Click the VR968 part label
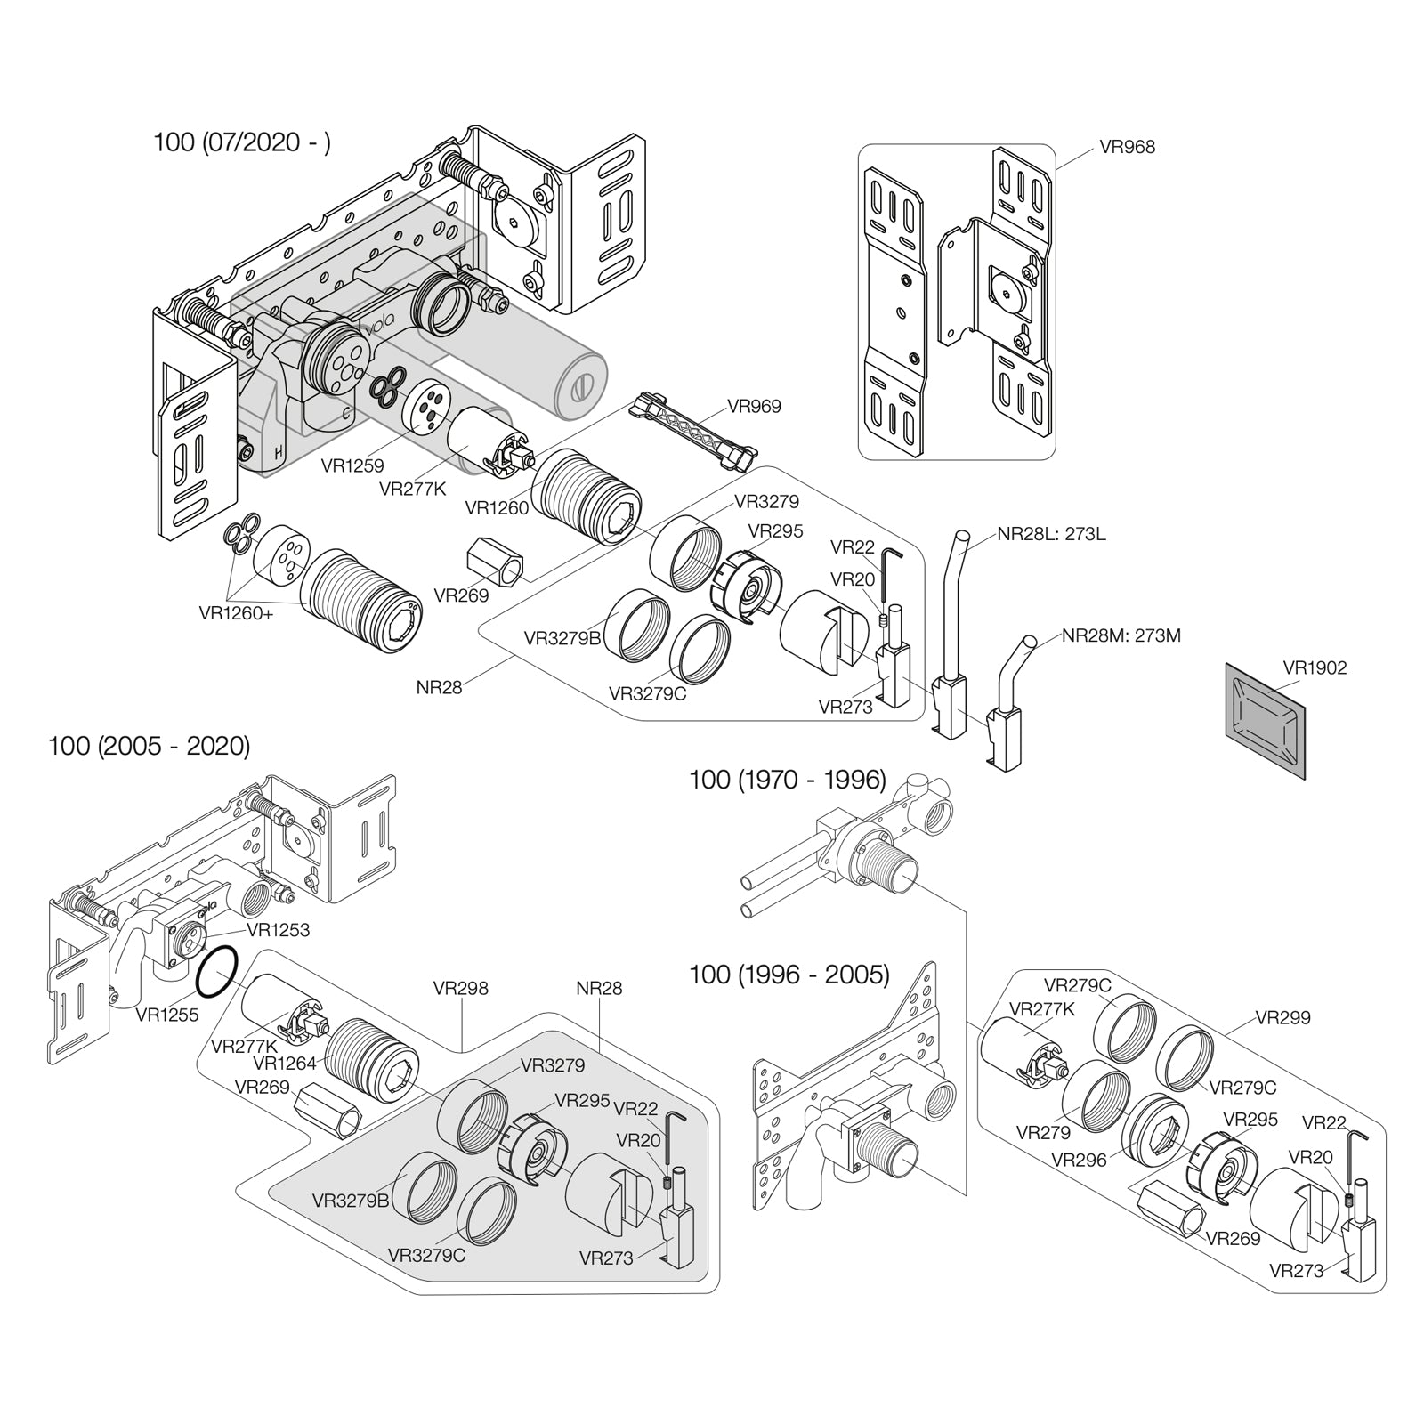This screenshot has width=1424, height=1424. (1127, 147)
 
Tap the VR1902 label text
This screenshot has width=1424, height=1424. (1315, 667)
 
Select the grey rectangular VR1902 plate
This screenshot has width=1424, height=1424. (1265, 721)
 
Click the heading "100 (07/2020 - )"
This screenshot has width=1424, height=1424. (242, 142)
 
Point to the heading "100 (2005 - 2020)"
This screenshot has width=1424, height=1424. (150, 746)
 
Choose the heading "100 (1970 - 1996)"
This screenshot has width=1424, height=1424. (788, 780)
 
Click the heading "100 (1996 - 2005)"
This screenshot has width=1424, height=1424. (789, 975)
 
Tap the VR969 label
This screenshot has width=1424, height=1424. (754, 407)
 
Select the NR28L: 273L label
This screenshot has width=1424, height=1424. (1051, 535)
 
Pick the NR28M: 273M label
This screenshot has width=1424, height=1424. (1121, 636)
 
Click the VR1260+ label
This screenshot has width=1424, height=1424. (237, 613)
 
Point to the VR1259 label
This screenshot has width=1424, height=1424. (352, 465)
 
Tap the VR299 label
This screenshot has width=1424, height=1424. (1282, 1017)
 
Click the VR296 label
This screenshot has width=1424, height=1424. (1079, 1160)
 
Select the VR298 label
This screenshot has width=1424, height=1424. (460, 989)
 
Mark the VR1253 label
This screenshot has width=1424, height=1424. (278, 930)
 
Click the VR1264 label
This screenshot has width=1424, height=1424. (284, 1063)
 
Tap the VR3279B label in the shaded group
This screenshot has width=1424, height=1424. (351, 1201)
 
